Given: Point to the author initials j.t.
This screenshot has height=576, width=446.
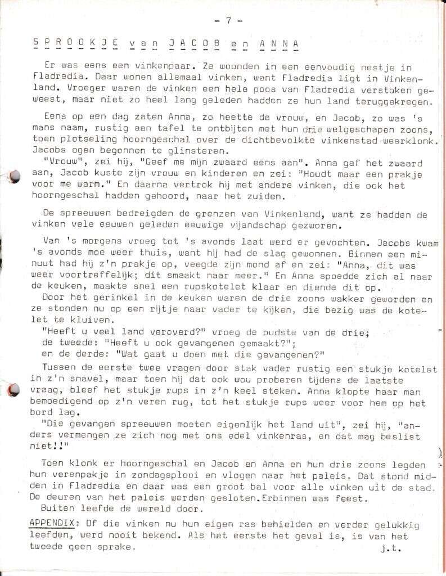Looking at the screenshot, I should [395, 545].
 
